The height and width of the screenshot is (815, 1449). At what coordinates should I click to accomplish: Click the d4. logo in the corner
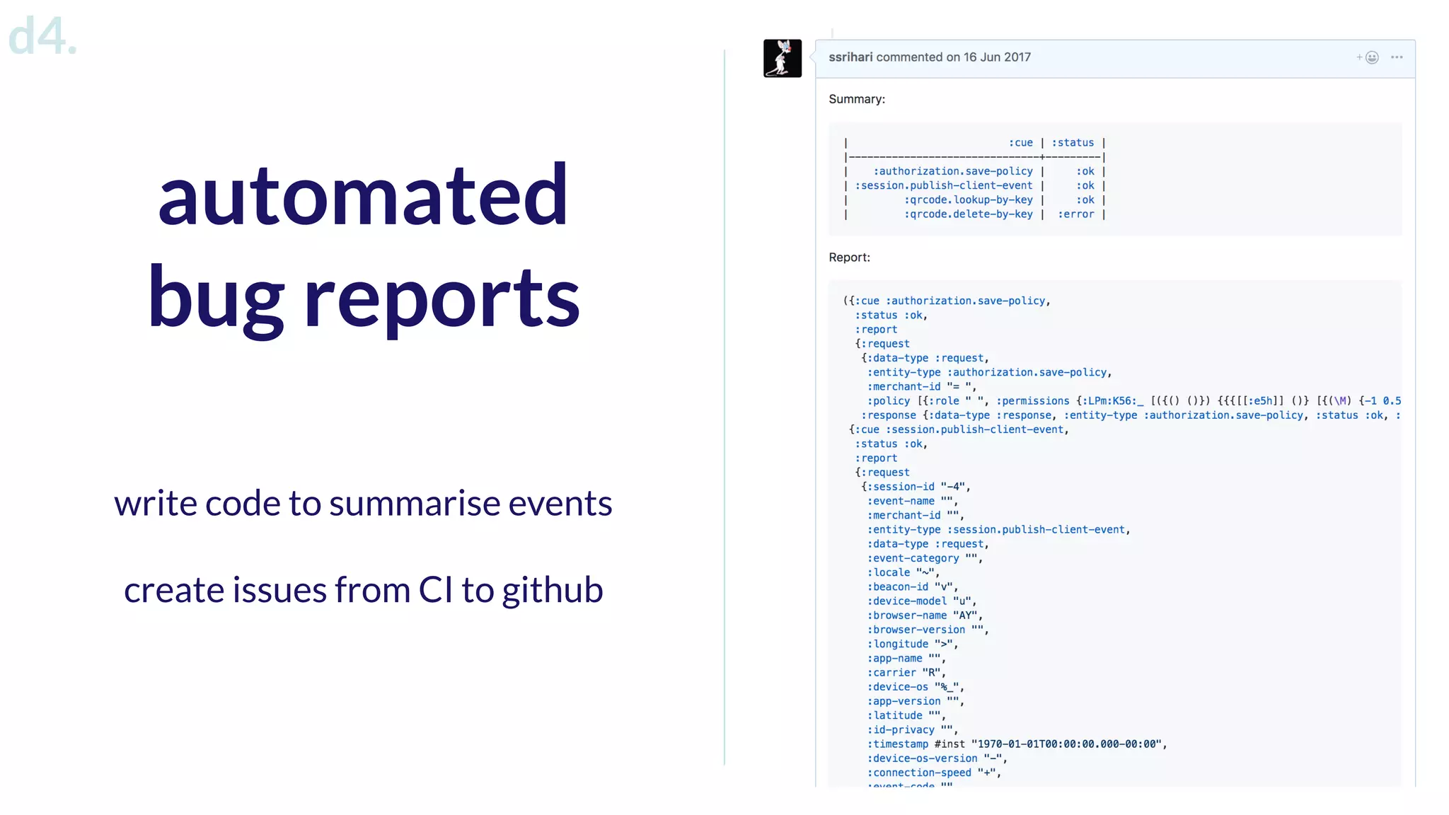pyautogui.click(x=41, y=37)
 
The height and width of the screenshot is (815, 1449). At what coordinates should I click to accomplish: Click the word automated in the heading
pyautogui.click(x=363, y=195)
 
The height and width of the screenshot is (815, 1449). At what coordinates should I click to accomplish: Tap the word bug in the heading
pyautogui.click(x=215, y=298)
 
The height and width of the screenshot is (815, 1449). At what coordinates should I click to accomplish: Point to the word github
pyautogui.click(x=553, y=590)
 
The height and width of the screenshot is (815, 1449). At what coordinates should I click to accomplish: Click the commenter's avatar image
pyautogui.click(x=782, y=58)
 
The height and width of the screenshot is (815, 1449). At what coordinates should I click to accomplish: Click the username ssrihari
pyautogui.click(x=850, y=57)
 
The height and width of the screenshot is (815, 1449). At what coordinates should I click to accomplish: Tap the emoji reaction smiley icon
pyautogui.click(x=1371, y=58)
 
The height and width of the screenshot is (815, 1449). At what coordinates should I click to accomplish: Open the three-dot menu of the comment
pyautogui.click(x=1397, y=57)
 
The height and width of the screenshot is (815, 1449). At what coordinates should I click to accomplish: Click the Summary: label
pyautogui.click(x=857, y=99)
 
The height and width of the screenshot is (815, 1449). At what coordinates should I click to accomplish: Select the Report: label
pyautogui.click(x=849, y=258)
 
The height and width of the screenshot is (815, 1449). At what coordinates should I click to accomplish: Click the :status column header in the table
pyautogui.click(x=1073, y=143)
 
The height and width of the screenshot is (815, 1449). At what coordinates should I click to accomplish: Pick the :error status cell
pyautogui.click(x=1075, y=214)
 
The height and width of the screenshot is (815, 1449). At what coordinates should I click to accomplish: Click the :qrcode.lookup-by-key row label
pyautogui.click(x=968, y=200)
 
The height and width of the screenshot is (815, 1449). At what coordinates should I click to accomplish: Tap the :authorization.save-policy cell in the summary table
pyautogui.click(x=952, y=171)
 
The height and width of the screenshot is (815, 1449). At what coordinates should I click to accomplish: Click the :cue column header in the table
pyautogui.click(x=1020, y=143)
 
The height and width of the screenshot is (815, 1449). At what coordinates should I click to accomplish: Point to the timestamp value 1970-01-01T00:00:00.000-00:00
pyautogui.click(x=1068, y=744)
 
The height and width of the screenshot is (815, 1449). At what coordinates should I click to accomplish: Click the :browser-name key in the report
pyautogui.click(x=906, y=615)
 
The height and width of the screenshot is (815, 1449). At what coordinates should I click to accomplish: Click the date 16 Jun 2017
pyautogui.click(x=997, y=57)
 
